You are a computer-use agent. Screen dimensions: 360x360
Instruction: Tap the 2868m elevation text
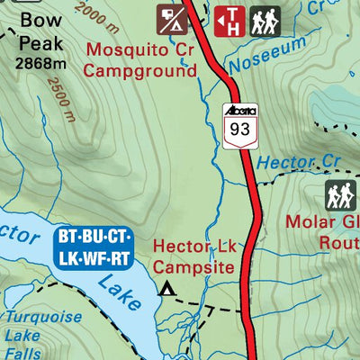point(40,63)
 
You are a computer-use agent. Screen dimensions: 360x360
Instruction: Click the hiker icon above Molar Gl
point(339,194)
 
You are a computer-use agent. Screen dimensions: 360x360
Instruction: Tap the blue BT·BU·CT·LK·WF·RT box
point(94,247)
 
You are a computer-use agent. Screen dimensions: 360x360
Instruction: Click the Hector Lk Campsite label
point(194,256)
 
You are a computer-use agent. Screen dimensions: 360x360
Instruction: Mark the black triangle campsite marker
point(166,289)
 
